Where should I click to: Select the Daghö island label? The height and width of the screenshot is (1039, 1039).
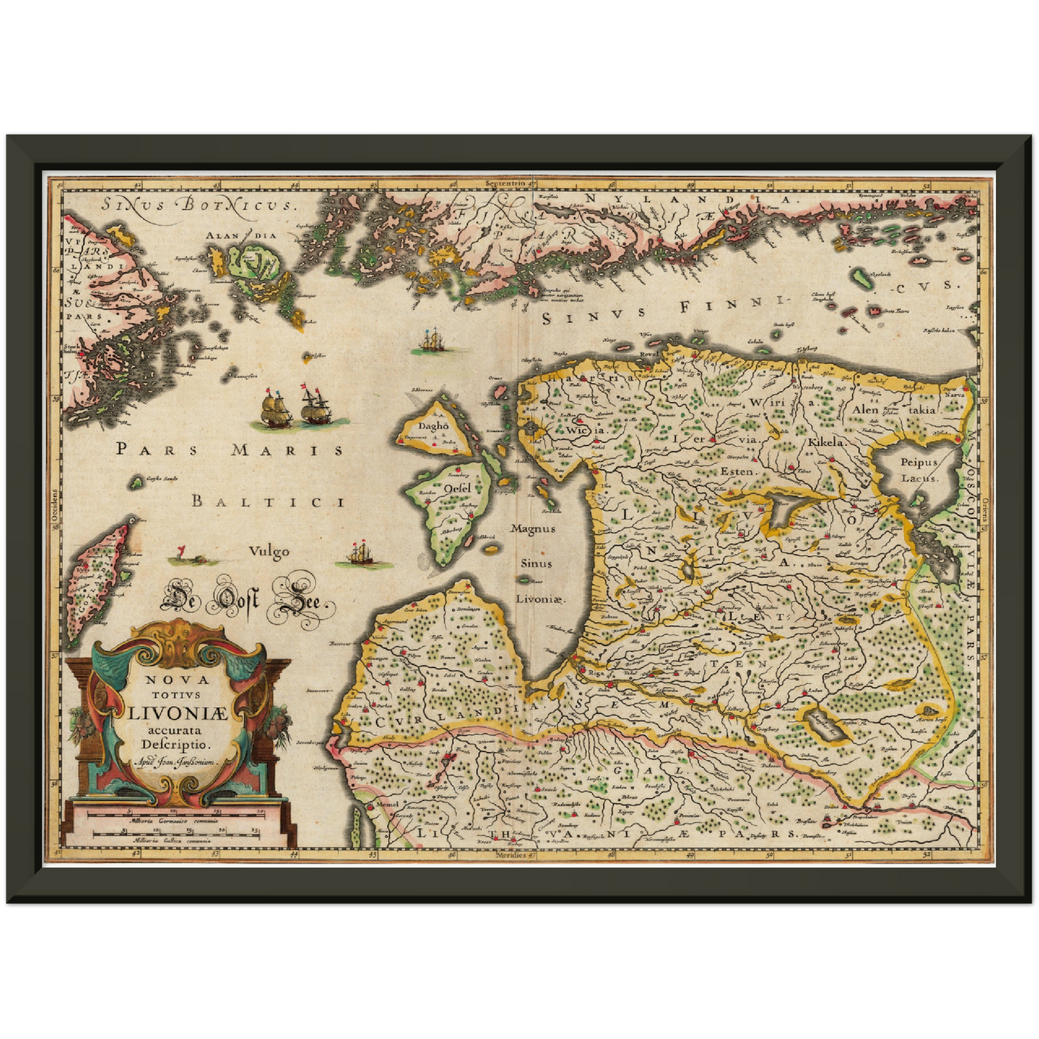pyautogui.click(x=434, y=426)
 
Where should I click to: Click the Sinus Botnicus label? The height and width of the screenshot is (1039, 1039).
pyautogui.click(x=198, y=204)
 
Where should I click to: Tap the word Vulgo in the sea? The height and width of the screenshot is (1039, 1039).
pyautogui.click(x=269, y=551)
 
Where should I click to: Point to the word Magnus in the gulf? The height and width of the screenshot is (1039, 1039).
pyautogui.click(x=533, y=528)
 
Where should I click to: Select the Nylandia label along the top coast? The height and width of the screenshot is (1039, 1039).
pyautogui.click(x=687, y=199)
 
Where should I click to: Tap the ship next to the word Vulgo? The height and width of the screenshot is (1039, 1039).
pyautogui.click(x=360, y=554)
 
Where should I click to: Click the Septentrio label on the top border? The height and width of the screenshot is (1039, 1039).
pyautogui.click(x=506, y=183)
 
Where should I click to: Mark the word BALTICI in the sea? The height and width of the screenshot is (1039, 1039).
pyautogui.click(x=267, y=501)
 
